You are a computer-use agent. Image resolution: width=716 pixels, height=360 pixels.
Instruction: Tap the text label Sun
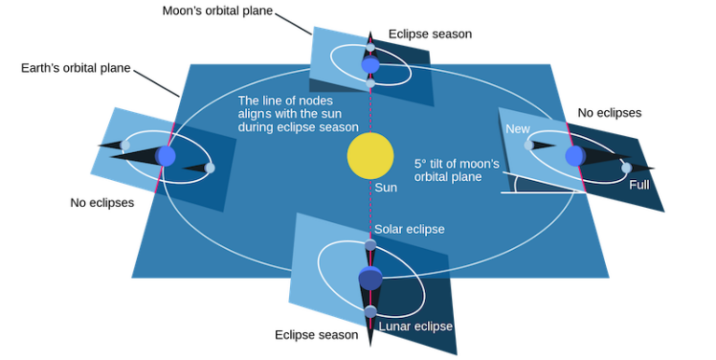385,187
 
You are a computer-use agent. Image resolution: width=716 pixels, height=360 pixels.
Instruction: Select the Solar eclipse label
409,229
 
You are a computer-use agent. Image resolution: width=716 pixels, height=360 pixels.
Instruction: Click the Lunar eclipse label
416,326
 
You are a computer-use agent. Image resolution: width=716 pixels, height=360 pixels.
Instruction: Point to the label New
517,130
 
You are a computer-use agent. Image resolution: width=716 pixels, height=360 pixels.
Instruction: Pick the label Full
639,186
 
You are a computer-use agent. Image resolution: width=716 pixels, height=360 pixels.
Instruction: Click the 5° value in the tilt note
421,163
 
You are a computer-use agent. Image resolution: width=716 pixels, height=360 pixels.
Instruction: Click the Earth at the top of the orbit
370,65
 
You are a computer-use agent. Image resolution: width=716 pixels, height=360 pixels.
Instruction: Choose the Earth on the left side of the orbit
166,156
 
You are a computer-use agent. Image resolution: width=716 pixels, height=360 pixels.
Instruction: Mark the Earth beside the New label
574,154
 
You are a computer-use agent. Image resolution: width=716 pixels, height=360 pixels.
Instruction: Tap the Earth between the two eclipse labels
370,278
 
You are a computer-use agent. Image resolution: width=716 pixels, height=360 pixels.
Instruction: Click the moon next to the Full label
626,168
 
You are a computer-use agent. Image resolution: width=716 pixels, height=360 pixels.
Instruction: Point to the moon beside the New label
529,145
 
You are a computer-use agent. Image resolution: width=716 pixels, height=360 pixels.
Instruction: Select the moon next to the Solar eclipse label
370,245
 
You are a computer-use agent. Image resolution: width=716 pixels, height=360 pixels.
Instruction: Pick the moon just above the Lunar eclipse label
370,310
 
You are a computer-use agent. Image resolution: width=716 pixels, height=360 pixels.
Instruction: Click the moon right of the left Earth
210,168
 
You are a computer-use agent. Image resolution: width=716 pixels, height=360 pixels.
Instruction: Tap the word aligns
257,114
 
